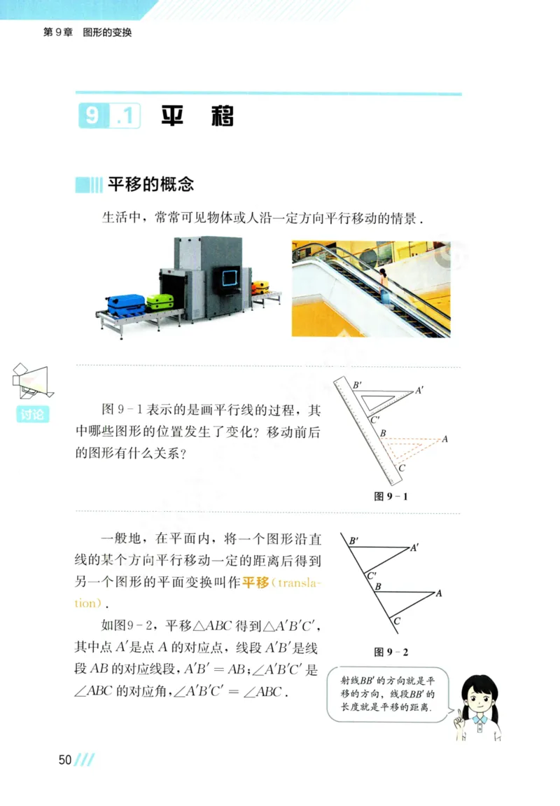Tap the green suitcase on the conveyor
coord(160,301)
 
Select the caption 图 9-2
coord(391,652)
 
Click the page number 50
coord(65,760)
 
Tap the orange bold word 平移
coord(255,583)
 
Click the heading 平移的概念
coord(150,185)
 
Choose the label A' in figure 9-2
coord(415,548)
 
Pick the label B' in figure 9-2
coord(353,541)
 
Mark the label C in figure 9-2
coord(396,620)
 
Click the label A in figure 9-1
coord(444,440)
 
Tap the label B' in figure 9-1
coord(357,384)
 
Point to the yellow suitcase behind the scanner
coord(260,286)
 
